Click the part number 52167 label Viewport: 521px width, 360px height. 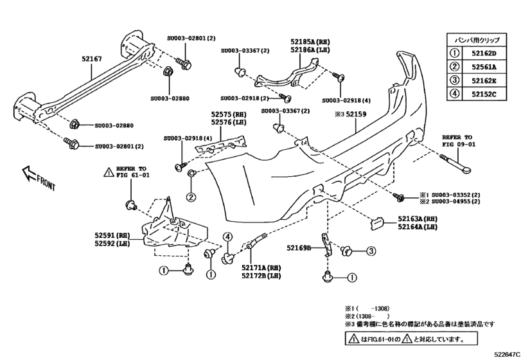[91, 59]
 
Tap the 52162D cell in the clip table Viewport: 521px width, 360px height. [486, 53]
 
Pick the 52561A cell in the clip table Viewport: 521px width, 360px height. [486, 67]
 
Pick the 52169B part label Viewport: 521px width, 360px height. [299, 248]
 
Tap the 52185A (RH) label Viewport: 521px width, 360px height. [310, 40]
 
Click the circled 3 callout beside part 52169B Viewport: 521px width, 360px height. [371, 250]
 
